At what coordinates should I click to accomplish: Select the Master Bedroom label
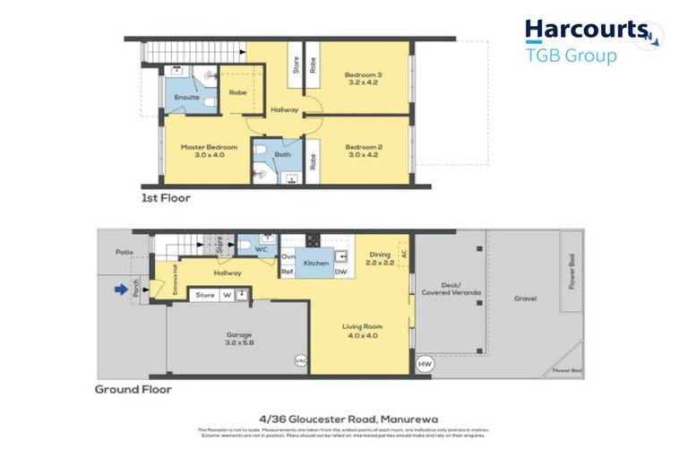(x=209, y=147)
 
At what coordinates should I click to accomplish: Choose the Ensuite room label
(x=186, y=97)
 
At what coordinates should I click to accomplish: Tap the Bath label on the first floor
(x=283, y=154)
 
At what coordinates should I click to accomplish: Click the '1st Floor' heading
(x=166, y=197)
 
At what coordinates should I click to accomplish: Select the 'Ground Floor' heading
(x=133, y=390)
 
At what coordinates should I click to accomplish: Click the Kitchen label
(x=315, y=264)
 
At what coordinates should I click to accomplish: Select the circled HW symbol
(x=425, y=364)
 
